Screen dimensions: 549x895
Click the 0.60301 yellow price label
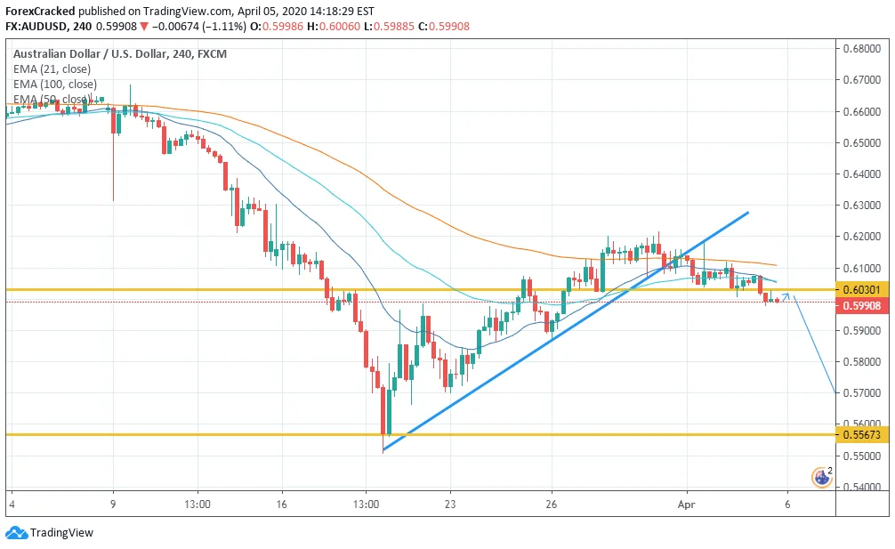click(x=861, y=289)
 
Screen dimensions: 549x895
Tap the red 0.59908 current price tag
click(x=861, y=305)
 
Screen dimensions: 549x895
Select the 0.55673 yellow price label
click(x=861, y=434)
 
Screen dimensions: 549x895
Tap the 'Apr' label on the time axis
click(x=687, y=503)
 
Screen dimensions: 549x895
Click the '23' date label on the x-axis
click(x=450, y=503)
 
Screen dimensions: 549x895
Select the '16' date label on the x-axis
click(x=281, y=503)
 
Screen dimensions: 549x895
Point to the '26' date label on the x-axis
click(x=552, y=503)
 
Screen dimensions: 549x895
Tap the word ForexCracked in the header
click(x=39, y=12)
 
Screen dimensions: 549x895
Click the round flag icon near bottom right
click(x=821, y=478)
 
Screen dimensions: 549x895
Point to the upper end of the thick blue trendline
click(x=747, y=213)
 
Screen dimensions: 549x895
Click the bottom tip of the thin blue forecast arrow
click(x=835, y=393)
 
